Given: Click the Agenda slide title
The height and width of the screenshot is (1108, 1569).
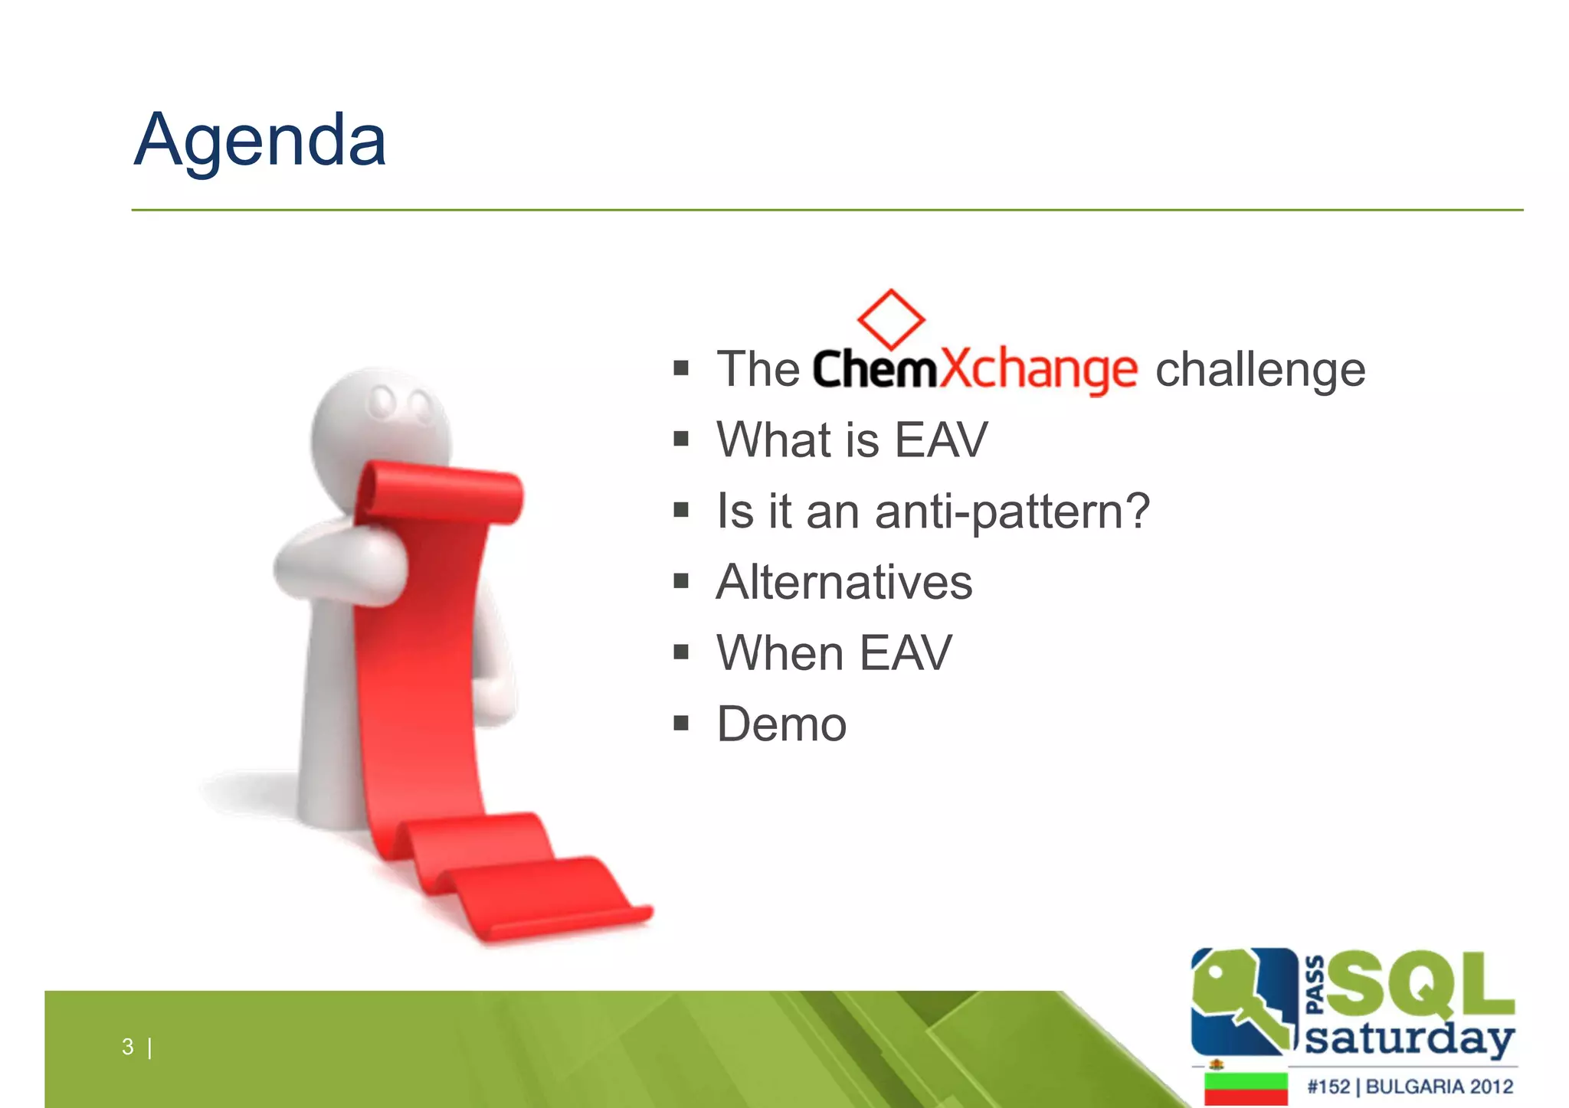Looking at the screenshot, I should click(x=260, y=141).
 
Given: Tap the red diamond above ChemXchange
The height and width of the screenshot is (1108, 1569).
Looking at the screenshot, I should click(x=890, y=319).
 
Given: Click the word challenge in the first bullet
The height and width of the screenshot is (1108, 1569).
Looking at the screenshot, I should click(x=1260, y=370).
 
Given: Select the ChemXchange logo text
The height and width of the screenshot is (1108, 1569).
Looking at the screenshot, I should click(x=974, y=370).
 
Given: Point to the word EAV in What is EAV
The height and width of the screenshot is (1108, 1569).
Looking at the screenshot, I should click(x=941, y=440).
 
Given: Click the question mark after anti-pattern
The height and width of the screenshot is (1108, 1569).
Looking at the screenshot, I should click(x=1137, y=510).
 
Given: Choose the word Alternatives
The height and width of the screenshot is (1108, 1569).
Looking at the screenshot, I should click(x=844, y=582).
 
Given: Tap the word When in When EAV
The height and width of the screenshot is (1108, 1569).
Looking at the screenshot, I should click(x=780, y=653).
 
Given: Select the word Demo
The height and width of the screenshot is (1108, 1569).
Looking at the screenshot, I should click(x=781, y=724).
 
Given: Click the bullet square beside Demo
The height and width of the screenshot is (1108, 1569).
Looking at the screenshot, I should click(x=681, y=724).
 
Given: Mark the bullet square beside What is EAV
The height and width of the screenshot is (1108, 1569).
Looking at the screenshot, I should click(x=681, y=440).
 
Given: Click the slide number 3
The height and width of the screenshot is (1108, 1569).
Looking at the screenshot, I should click(x=127, y=1047).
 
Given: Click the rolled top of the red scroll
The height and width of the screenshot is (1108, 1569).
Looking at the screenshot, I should click(x=441, y=494).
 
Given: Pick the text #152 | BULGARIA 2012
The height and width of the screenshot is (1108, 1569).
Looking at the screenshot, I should click(x=1410, y=1087).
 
